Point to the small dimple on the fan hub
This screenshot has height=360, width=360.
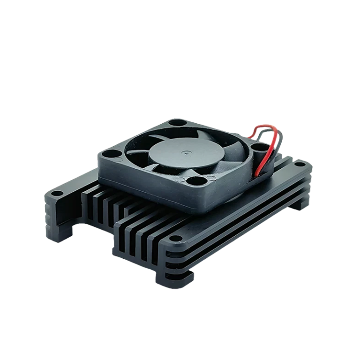[x=187, y=152]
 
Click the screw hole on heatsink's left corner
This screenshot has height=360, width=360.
[x=56, y=192]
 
